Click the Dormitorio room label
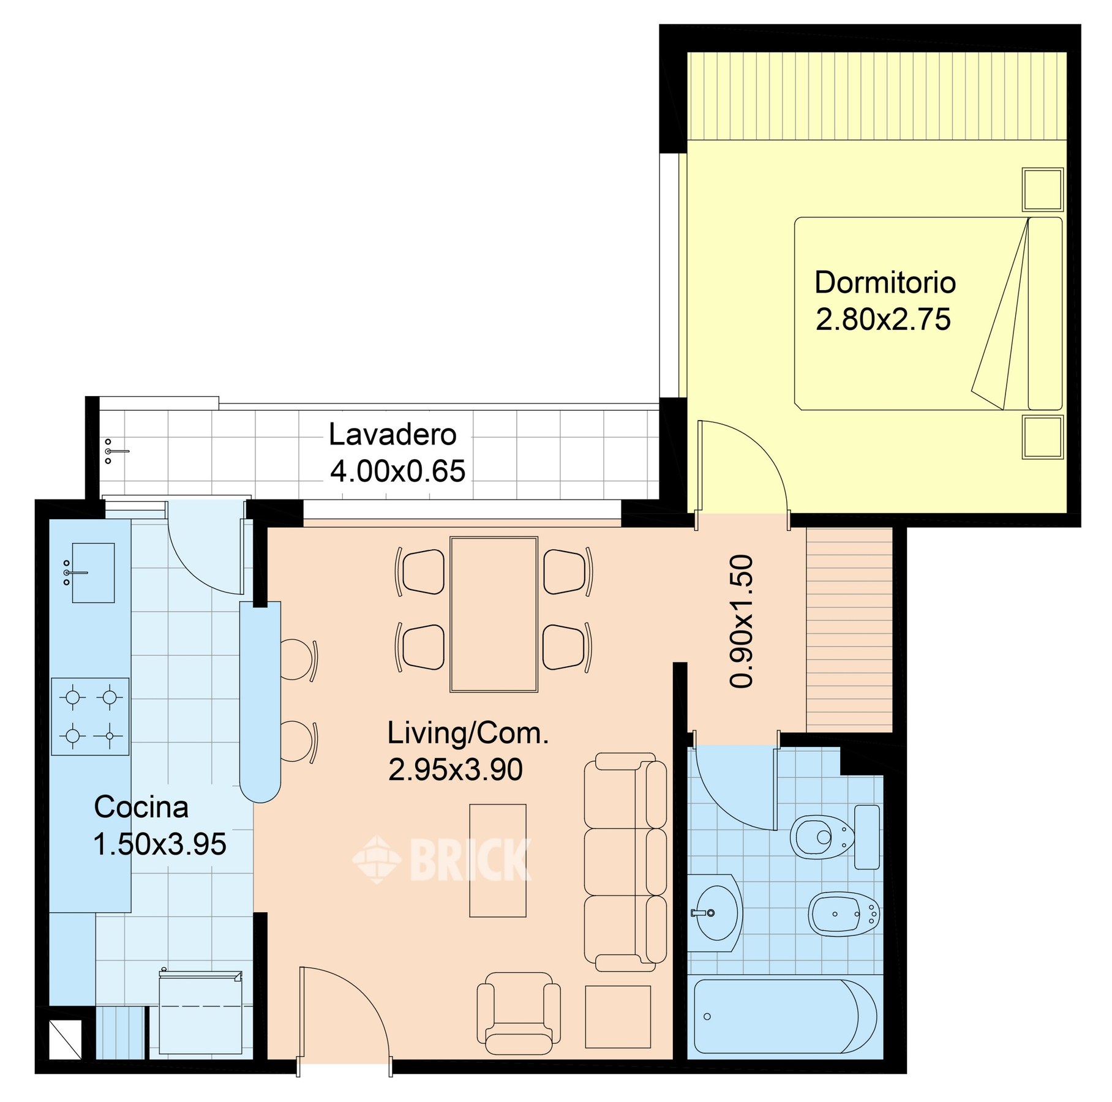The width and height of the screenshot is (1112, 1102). [885, 282]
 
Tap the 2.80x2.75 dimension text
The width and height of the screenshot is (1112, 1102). [883, 319]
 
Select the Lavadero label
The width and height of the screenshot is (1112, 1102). [393, 434]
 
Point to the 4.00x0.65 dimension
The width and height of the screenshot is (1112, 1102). [397, 471]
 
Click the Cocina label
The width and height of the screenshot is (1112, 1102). [141, 807]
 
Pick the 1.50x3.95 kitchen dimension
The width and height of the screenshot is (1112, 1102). [160, 844]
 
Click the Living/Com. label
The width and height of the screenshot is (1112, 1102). [468, 733]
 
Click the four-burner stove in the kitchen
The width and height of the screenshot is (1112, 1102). [90, 716]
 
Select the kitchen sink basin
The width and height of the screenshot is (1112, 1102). [93, 572]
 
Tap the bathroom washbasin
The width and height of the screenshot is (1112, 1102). [715, 913]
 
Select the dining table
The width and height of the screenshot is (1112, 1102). [494, 614]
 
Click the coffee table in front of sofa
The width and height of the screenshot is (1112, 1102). [497, 860]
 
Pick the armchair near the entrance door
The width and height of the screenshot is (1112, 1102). [519, 1013]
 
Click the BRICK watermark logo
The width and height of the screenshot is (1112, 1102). [441, 859]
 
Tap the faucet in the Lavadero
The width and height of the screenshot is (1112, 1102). [116, 451]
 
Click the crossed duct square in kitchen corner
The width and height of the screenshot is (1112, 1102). [65, 1039]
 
